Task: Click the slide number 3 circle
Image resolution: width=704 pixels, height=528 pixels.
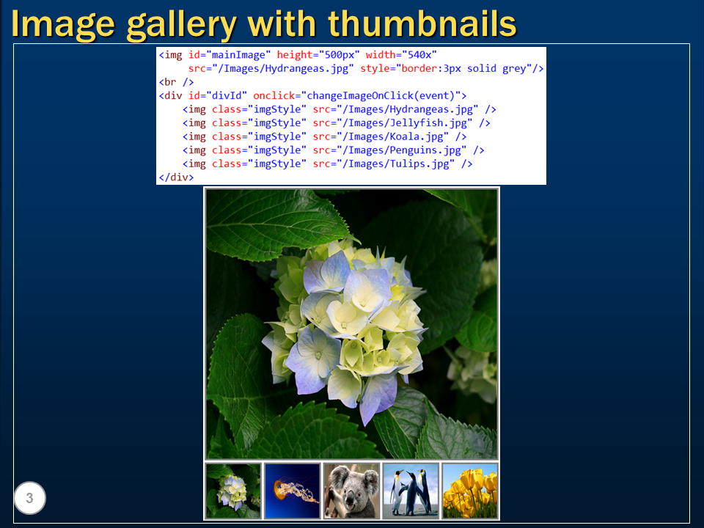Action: point(29,499)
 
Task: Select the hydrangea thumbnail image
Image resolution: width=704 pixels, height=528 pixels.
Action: point(233,491)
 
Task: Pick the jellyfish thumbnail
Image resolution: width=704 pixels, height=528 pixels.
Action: point(293,491)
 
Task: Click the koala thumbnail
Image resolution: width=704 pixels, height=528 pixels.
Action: point(351,491)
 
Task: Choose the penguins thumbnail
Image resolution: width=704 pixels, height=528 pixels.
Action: point(411,491)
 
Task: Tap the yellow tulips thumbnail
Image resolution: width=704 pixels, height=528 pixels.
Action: point(470,491)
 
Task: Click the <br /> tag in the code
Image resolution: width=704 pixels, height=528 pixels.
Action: point(176,81)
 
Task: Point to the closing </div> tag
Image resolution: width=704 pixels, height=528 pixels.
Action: point(176,177)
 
